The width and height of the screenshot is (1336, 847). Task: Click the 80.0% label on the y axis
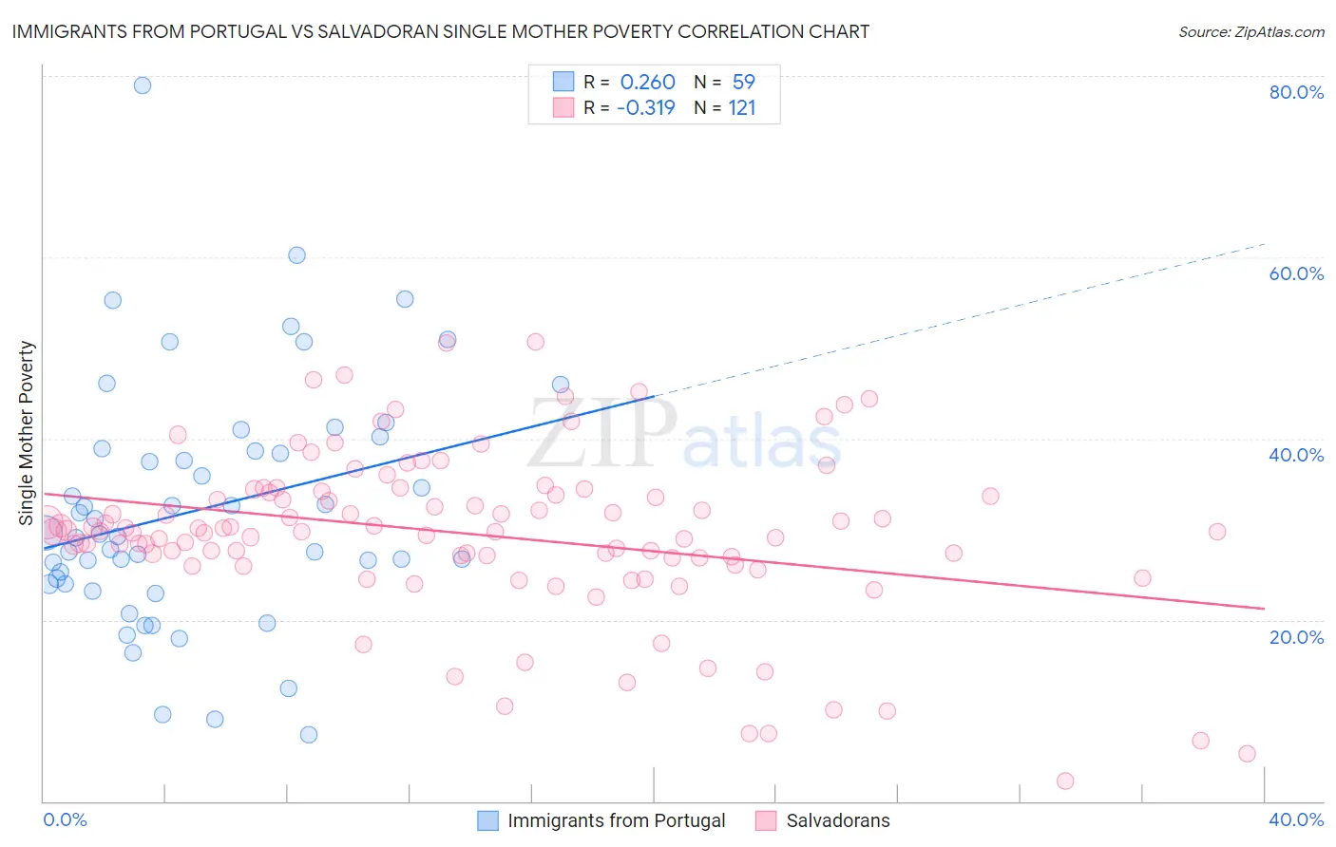point(1296,92)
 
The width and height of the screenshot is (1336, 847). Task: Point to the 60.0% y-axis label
point(1296,273)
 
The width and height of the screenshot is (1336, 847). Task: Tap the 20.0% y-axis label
point(1296,637)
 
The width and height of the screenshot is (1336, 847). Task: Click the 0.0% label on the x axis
point(65,819)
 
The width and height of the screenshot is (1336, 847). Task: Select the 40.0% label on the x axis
point(1296,819)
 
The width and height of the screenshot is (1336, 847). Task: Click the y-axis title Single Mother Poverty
point(27,433)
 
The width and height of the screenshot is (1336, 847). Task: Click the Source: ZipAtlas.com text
point(1250,31)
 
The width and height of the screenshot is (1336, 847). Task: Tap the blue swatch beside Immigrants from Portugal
point(488,820)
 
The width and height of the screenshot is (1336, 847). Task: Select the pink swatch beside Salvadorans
point(766,820)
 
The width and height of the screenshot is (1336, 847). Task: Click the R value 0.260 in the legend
point(647,82)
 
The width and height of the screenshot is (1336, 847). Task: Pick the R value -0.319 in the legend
point(645,107)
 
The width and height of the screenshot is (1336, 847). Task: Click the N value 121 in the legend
point(742,107)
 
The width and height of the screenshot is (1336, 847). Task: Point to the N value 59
point(743,82)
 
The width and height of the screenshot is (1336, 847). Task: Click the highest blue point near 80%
point(143,85)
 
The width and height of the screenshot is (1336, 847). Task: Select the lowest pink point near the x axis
point(1065,781)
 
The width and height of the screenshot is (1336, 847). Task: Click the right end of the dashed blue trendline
point(1265,244)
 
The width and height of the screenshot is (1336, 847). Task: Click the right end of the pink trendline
point(1265,608)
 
